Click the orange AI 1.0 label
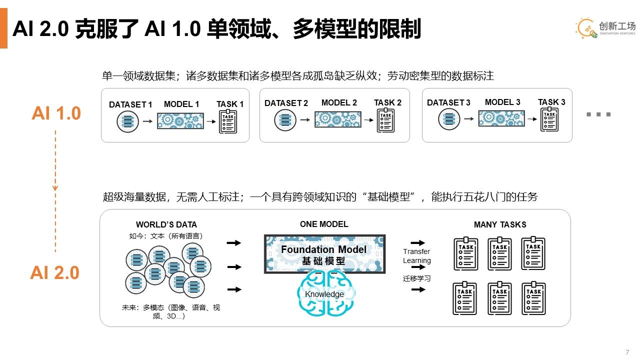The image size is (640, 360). coord(56,113)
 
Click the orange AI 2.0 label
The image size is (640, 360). coord(55,273)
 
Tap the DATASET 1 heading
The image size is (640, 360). coord(130,104)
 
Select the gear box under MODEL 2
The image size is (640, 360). coord(337,119)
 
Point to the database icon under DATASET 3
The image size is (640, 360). coord(449,119)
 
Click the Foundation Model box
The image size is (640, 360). coord(324,254)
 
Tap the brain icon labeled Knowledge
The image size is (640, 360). coord(324,294)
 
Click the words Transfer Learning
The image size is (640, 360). coord(416,256)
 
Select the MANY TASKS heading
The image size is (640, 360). coord(500,225)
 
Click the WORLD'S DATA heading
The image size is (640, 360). coord(166,225)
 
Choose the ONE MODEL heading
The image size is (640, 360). coord(324,224)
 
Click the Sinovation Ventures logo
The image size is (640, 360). coord(605,28)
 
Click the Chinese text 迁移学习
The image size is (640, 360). coord(416,278)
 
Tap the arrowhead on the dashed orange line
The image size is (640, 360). coord(55,188)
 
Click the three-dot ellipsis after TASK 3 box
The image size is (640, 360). coord(598,114)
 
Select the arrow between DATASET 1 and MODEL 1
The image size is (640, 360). coord(147,121)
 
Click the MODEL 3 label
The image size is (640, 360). coord(502,102)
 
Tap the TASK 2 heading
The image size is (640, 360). coord(387,102)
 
